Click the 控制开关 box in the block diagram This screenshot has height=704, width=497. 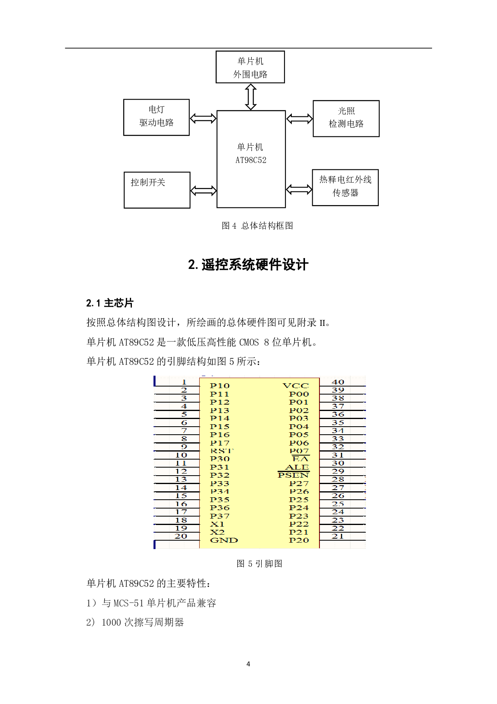tap(157, 190)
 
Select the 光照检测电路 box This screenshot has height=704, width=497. tap(346, 118)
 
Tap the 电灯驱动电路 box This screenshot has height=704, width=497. tap(156, 117)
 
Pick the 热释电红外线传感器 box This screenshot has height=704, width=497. tap(345, 187)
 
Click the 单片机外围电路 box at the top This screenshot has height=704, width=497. tap(250, 67)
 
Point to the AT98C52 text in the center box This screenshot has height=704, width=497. tap(251, 160)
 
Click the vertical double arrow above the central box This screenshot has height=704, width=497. tap(251, 97)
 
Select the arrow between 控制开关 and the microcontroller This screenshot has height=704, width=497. tap(203, 190)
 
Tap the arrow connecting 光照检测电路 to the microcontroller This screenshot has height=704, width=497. tap(299, 119)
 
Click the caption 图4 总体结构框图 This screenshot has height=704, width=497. tap(257, 226)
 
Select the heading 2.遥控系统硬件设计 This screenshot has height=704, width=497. tap(248, 265)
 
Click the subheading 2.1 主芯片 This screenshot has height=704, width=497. tap(110, 303)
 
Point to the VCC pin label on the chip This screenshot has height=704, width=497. tap(296, 386)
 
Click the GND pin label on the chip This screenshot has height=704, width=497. tap(224, 540)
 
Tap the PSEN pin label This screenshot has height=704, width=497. tap(293, 475)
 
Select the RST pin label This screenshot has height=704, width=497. tap(221, 451)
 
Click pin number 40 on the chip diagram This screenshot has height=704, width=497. tap(338, 382)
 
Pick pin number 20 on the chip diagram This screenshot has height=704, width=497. tap(181, 536)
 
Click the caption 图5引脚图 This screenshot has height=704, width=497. tap(259, 564)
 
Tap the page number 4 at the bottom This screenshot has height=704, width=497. tap(248, 664)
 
